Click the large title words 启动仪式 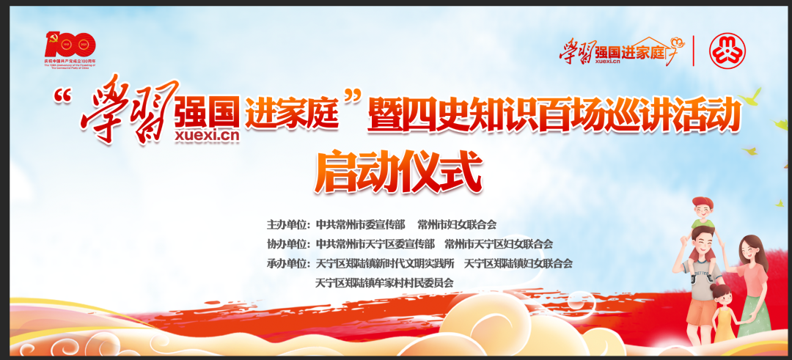pos(398,172)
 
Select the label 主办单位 pos(289,224)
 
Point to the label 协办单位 pos(289,243)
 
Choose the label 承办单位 pos(289,263)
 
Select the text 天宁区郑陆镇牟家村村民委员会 pos(384,282)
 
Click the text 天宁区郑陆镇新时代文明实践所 pos(385,263)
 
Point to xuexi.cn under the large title pos(208,134)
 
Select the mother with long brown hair pos(752,279)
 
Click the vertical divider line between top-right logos pos(693,51)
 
